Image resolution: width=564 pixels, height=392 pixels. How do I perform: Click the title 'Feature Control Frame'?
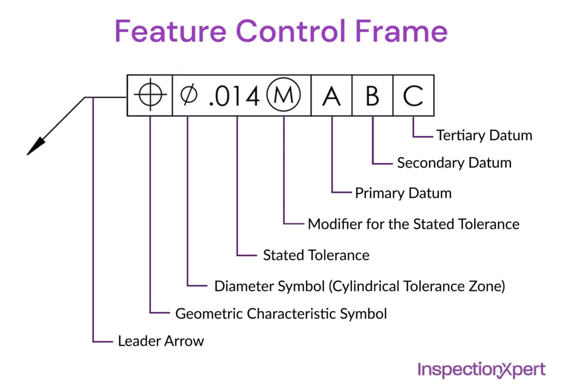(281, 31)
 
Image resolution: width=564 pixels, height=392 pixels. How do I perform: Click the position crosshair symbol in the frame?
(150, 96)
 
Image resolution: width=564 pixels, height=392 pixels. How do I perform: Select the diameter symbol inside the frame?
(188, 96)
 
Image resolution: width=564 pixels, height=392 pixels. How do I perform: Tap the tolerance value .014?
(234, 97)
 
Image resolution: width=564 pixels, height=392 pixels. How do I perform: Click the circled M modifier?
(284, 96)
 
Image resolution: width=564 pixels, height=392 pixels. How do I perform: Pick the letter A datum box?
(332, 96)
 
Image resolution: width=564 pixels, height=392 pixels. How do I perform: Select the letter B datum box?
(372, 96)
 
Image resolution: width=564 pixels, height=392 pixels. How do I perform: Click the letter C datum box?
(413, 96)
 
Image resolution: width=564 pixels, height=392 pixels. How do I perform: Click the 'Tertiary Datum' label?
(484, 135)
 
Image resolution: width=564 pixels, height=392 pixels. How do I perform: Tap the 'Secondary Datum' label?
(454, 163)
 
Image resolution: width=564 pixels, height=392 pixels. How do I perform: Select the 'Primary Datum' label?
(403, 193)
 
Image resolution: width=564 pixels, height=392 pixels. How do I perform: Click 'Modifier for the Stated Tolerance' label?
(413, 224)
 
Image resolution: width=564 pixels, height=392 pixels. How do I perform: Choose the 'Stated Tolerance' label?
(316, 255)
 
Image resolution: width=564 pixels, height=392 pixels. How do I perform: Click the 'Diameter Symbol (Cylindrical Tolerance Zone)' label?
(359, 286)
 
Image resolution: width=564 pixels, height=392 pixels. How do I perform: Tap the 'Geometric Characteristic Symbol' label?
(281, 314)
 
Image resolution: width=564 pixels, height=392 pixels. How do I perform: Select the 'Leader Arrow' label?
(161, 341)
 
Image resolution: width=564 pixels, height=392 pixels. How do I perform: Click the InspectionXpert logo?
(481, 369)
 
